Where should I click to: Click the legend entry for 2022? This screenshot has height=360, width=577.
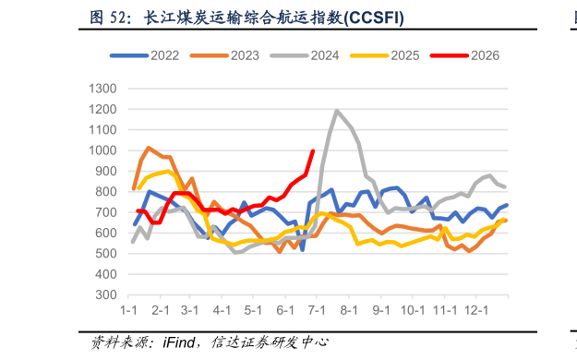[145, 55]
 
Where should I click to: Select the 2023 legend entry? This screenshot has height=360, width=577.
[224, 55]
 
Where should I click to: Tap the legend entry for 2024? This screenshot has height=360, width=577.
[305, 55]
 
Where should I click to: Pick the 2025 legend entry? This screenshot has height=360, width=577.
[385, 55]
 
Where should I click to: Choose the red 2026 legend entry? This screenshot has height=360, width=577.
[464, 55]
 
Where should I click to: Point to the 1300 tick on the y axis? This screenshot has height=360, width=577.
[102, 89]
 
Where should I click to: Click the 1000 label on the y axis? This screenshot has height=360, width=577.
[102, 150]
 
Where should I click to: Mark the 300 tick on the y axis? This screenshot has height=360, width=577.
[106, 294]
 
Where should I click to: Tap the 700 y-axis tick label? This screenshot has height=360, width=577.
[106, 212]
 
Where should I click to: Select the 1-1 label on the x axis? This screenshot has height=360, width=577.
[128, 310]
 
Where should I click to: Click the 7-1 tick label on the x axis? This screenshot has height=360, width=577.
[317, 310]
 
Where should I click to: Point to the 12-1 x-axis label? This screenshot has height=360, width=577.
[476, 310]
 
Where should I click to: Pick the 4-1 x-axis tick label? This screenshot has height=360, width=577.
[222, 310]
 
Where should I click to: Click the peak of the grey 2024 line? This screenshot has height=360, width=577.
[336, 110]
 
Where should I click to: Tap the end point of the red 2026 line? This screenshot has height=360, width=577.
[313, 150]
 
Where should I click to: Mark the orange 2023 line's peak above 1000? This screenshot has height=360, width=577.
[149, 148]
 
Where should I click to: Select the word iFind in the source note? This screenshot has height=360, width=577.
[179, 342]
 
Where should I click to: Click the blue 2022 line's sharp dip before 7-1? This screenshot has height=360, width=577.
[302, 250]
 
